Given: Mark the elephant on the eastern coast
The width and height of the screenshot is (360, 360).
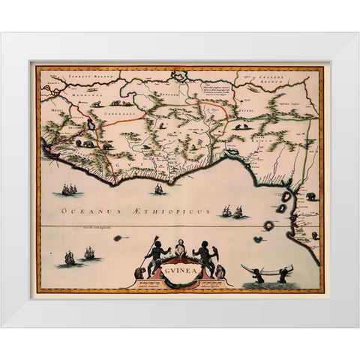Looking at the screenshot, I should pos(310,196).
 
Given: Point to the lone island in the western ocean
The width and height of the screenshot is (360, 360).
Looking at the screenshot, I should pos(118,238).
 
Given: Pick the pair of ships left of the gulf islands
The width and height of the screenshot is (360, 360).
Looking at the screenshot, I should pos(232,212).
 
